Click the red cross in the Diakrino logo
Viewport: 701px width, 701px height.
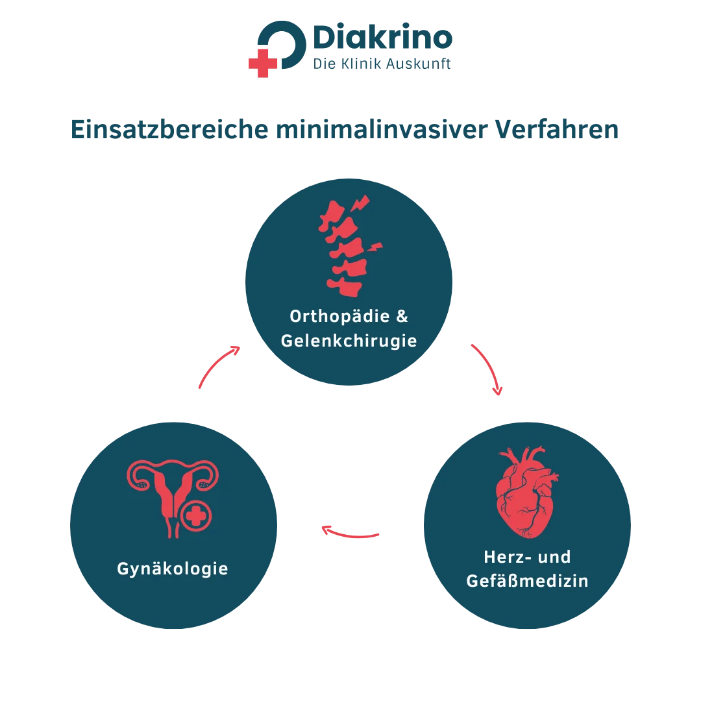click(x=263, y=63)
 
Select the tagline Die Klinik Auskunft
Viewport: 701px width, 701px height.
click(x=382, y=64)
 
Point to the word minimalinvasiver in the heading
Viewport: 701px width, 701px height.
click(x=382, y=130)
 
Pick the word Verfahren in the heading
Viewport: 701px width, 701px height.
click(x=557, y=130)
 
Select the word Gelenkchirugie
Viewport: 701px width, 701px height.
click(x=349, y=341)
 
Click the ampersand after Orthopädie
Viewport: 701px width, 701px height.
click(x=402, y=316)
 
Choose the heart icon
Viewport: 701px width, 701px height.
click(x=526, y=492)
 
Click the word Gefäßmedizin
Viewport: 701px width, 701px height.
click(x=527, y=581)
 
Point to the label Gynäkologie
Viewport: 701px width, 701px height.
click(x=173, y=569)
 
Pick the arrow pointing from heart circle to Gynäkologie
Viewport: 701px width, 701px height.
click(x=350, y=534)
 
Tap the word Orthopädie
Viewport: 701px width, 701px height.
click(x=339, y=317)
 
